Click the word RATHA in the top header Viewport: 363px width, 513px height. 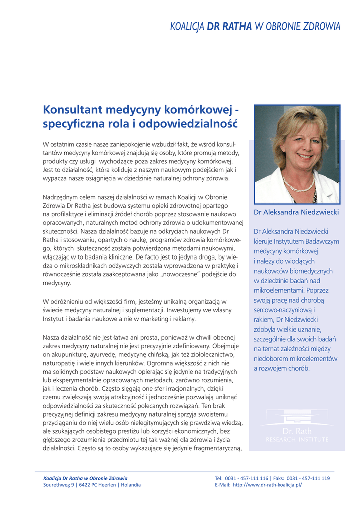click(237, 26)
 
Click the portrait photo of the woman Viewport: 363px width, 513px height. click(297, 154)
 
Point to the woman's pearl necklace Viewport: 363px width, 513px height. click(298, 183)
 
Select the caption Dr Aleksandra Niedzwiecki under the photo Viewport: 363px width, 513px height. click(296, 212)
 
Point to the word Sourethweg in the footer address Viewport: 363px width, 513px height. click(56, 485)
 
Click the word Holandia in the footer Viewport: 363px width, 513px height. click(129, 485)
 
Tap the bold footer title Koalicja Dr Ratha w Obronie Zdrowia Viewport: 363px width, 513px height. click(85, 478)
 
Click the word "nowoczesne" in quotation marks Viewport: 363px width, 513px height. click(179, 274)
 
